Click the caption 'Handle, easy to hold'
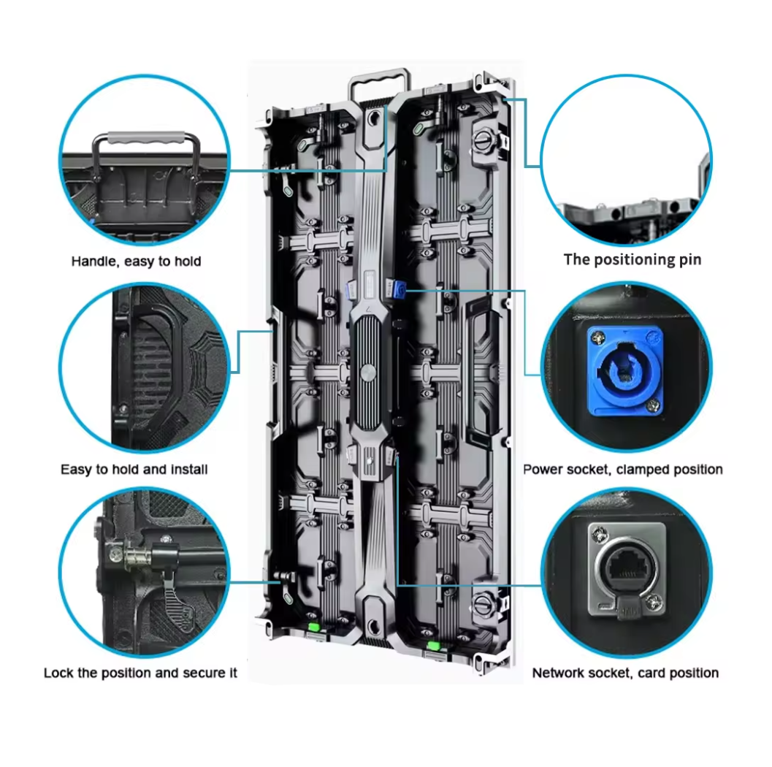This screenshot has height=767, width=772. [136, 261]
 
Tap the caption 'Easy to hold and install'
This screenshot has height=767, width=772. [134, 469]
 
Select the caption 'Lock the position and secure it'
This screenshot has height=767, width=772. [140, 673]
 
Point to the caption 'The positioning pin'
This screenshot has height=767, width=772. [632, 259]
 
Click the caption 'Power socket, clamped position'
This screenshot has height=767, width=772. [623, 469]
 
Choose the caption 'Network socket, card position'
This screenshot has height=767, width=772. [625, 673]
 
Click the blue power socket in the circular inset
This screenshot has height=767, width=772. [625, 370]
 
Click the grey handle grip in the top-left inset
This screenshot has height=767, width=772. [146, 138]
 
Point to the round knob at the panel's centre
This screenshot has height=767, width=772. [367, 373]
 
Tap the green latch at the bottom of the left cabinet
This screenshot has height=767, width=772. [313, 627]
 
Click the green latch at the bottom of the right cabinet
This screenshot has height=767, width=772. [433, 646]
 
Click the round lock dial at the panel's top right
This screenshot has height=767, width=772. [483, 140]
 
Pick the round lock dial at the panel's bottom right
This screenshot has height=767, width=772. [483, 603]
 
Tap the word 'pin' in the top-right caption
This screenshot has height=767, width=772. [691, 261]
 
